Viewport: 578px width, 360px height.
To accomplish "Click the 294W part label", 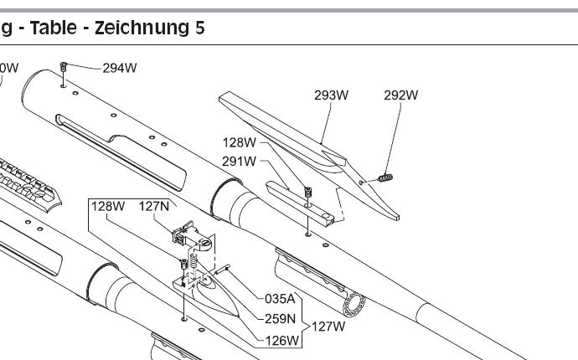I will pos(119,68).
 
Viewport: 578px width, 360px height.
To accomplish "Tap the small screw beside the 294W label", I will pos(64,66).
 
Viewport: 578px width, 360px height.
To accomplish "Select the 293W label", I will pos(331,95).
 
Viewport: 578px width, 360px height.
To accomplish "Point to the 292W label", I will pos(400,95).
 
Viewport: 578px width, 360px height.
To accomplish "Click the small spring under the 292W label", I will pos(386,177).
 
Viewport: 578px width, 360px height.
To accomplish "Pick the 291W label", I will pos(240,161).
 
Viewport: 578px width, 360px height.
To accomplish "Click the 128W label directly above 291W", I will pos(240,142).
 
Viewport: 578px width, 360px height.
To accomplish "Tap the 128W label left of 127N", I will pos(108,206).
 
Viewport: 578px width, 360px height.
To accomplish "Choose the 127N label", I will pos(154,206).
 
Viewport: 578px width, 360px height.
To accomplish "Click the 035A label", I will pos(281,297).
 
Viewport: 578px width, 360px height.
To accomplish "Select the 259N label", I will pos(281,318).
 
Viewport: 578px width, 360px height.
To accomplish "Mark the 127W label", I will pos(328,327).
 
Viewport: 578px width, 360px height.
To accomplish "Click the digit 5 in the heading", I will pos(200,28).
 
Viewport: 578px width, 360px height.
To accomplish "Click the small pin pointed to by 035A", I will pos(223,269).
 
